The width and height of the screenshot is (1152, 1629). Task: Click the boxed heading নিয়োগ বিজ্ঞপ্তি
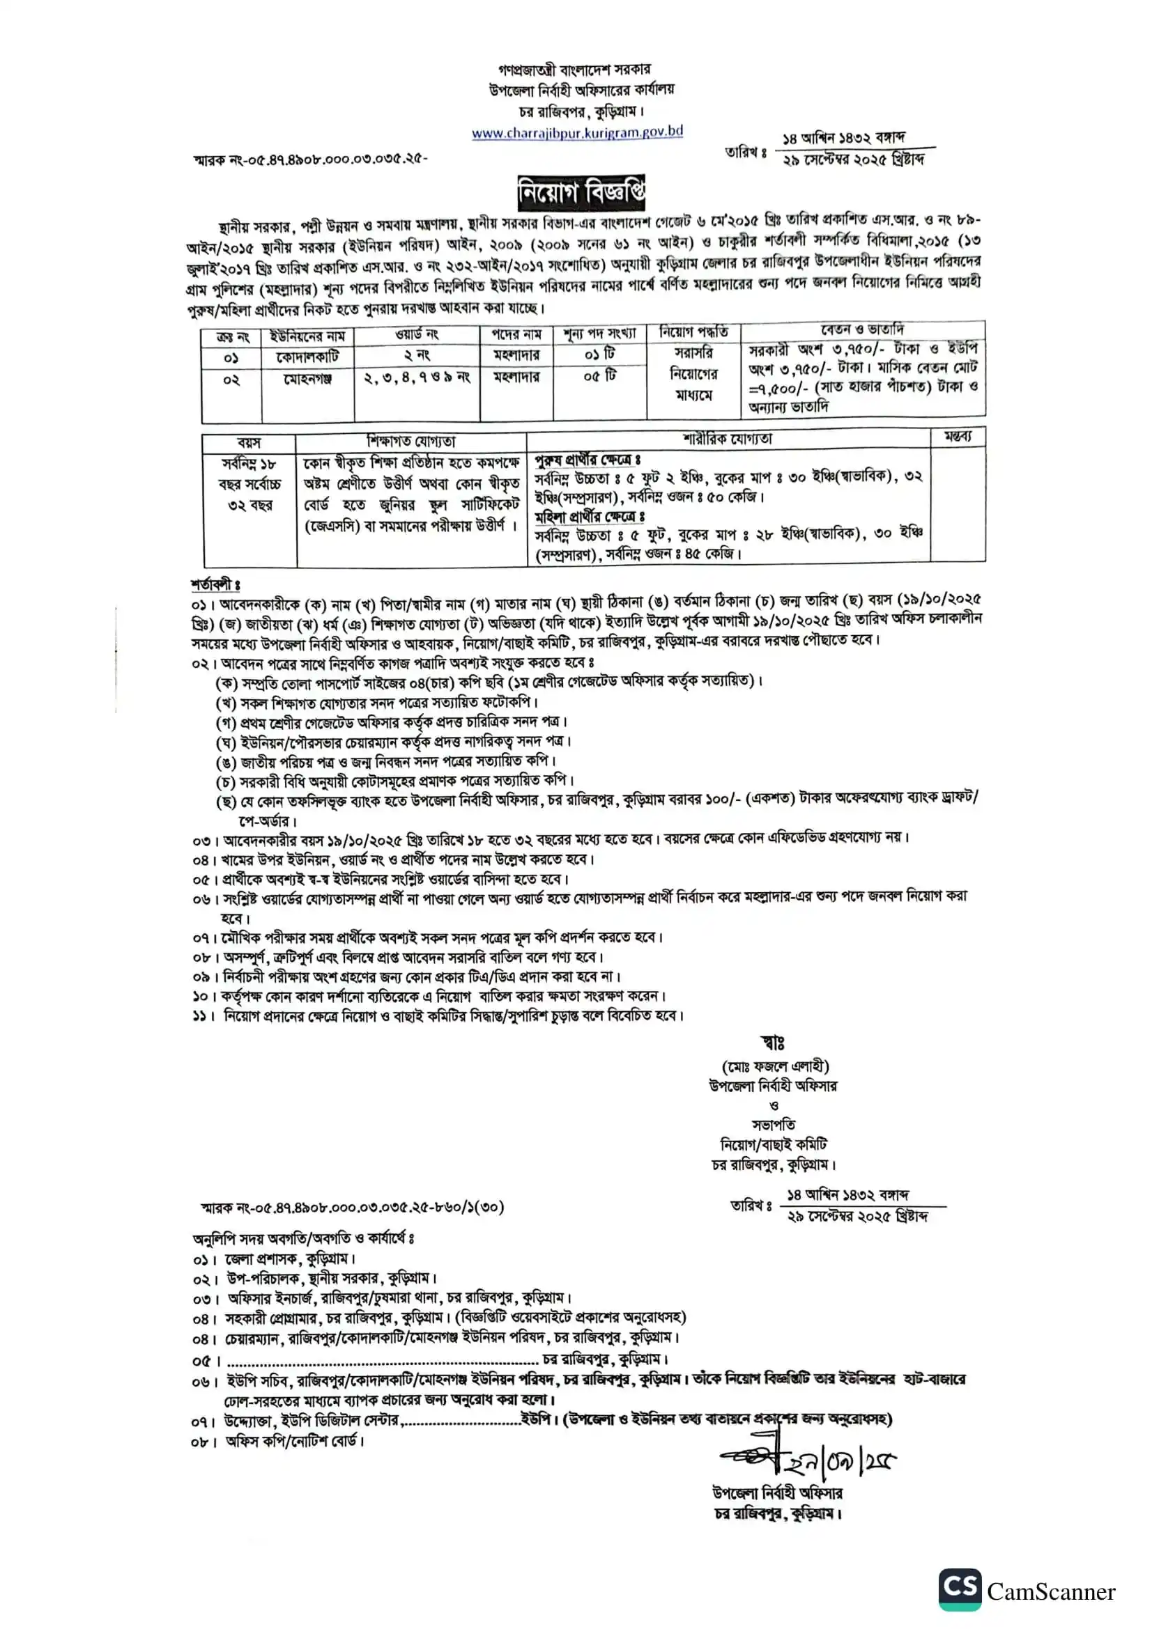581,192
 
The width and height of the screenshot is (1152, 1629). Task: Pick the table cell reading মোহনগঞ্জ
307,379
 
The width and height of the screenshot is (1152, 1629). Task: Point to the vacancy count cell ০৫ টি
600,376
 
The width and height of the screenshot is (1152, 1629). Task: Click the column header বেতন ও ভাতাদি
861,330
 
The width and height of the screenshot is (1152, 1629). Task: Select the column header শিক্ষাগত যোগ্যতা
411,442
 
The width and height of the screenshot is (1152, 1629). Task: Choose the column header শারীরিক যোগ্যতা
728,439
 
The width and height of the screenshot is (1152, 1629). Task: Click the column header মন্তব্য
958,437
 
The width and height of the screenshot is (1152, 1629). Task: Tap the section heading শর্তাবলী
215,584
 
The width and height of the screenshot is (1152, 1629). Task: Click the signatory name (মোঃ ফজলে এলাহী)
774,1066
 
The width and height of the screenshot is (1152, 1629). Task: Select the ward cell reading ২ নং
417,354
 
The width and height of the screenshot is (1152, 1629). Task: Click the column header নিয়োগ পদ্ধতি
693,332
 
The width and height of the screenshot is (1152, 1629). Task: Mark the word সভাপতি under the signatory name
774,1125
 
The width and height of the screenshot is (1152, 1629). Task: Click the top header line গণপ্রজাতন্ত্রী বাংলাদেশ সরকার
574,70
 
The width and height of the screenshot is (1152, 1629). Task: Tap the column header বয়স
248,443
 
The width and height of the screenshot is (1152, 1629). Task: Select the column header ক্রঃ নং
232,337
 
